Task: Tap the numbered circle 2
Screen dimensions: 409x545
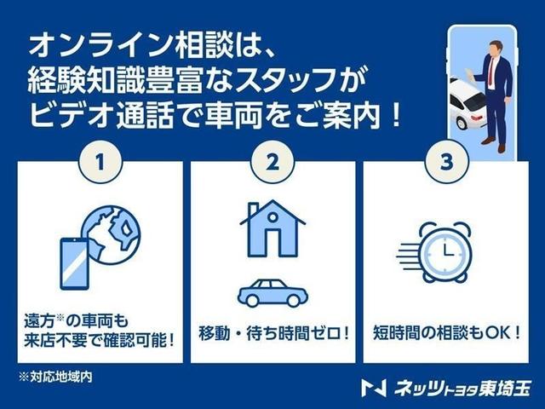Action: point(272,162)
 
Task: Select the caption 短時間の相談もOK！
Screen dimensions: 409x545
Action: point(446,330)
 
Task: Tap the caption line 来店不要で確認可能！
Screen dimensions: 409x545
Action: point(100,340)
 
